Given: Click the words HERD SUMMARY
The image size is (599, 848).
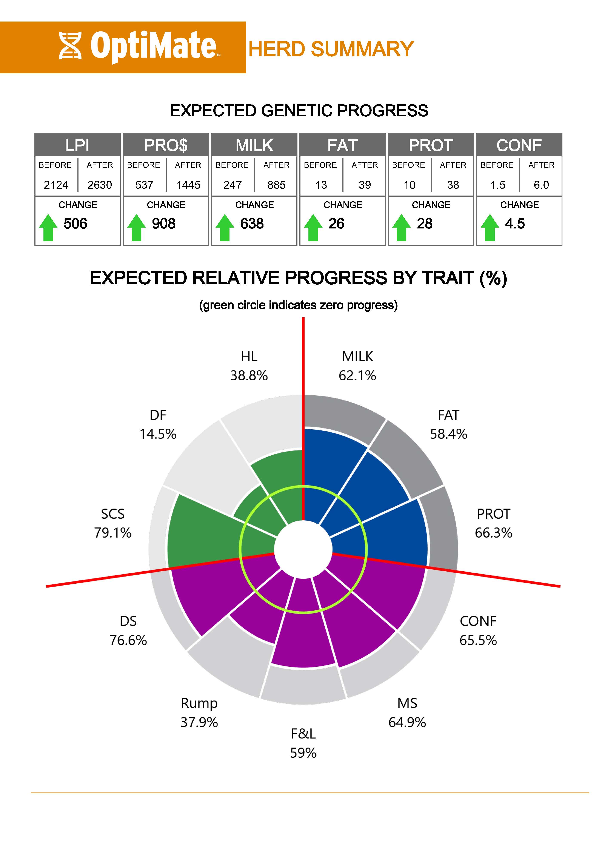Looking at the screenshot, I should pos(331,49).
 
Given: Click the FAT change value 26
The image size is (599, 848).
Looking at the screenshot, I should pos(336,224).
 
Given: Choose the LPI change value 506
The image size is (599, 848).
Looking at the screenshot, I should pos(75,224).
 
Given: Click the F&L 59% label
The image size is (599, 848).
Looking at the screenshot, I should pos(303,743).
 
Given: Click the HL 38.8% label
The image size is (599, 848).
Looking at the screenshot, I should pos(249,366).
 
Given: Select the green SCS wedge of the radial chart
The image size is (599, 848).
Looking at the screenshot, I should pos(199,532).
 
